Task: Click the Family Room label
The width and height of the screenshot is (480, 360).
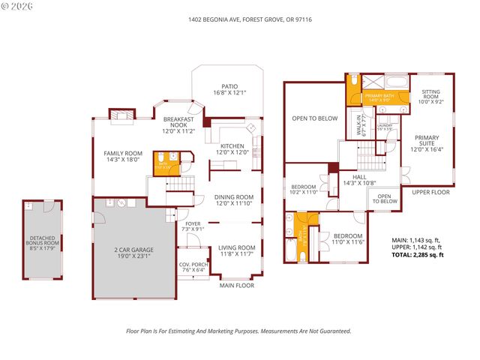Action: pos(123,156)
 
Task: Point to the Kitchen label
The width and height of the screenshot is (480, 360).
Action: pos(232,148)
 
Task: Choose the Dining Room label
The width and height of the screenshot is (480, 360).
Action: pos(234,200)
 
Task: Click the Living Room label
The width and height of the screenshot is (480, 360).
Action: pos(236,251)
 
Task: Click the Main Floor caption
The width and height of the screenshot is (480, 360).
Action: pos(236,286)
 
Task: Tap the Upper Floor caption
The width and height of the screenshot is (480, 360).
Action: pos(430,193)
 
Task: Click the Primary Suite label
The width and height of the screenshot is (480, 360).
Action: pos(428,142)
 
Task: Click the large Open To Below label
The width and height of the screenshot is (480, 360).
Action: pos(315,118)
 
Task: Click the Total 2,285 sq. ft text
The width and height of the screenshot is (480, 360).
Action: pos(418,255)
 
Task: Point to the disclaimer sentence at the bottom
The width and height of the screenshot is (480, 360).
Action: pos(239,331)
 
